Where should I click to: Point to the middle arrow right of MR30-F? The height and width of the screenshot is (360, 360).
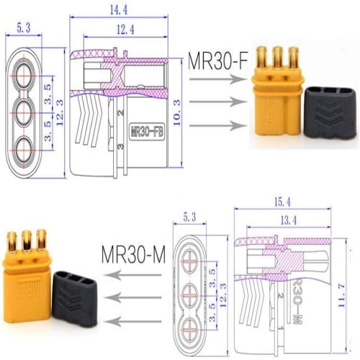(215, 102)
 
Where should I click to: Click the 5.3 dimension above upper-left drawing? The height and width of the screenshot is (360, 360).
(24, 28)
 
